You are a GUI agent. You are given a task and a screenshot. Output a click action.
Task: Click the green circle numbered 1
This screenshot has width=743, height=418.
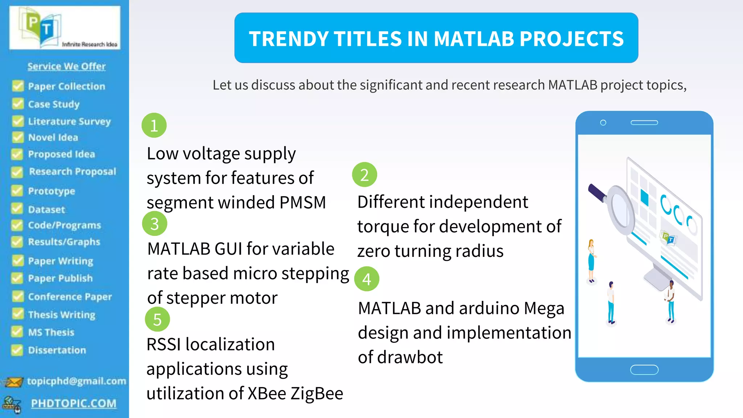pyautogui.click(x=154, y=126)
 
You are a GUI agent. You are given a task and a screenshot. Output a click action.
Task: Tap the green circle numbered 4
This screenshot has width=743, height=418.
pyautogui.click(x=366, y=279)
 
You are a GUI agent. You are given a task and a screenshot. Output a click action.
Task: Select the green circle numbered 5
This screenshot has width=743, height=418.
pyautogui.click(x=157, y=319)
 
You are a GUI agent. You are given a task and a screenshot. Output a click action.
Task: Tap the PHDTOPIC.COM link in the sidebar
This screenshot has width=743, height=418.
pyautogui.click(x=74, y=403)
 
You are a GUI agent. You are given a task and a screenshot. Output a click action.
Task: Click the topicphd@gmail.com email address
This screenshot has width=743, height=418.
pyautogui.click(x=77, y=381)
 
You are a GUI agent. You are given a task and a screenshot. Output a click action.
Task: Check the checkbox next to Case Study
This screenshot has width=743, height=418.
pyautogui.click(x=17, y=104)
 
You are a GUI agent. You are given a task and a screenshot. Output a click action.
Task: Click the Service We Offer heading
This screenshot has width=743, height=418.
pyautogui.click(x=66, y=66)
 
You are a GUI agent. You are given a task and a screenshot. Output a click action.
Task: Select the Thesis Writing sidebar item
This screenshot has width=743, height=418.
pyautogui.click(x=62, y=315)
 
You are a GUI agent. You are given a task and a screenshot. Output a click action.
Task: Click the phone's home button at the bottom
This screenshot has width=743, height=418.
pyautogui.click(x=644, y=370)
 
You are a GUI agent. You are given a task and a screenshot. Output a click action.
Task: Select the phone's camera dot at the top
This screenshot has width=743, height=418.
pyautogui.click(x=603, y=123)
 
